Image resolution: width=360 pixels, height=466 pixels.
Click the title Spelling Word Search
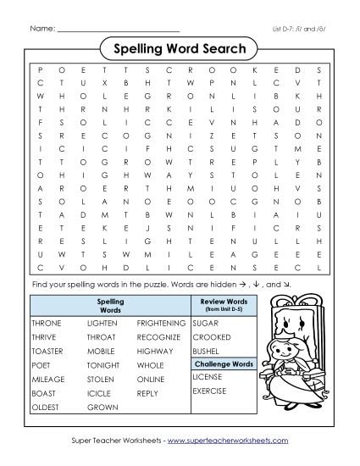pos(179,49)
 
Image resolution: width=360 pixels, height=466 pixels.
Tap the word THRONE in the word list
pos(47,324)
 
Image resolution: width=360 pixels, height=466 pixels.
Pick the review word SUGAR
pos(205,324)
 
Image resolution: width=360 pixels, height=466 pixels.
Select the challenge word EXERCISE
pos(210,391)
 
